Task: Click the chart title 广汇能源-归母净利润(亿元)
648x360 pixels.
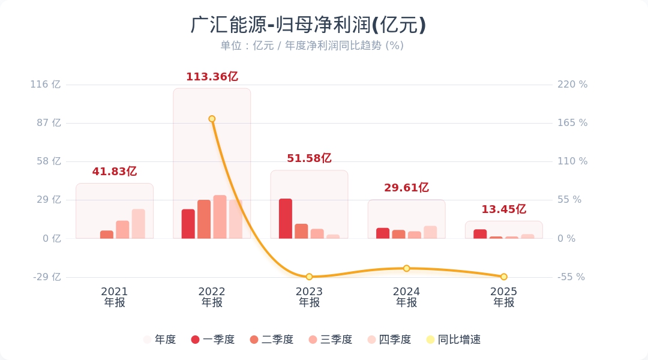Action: tap(308, 25)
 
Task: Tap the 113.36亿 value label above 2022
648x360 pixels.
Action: tap(212, 77)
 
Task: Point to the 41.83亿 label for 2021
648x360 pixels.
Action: tap(115, 172)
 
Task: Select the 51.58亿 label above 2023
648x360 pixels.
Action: tap(309, 158)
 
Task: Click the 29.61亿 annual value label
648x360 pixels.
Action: tap(406, 188)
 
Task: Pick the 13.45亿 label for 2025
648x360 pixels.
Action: tap(503, 209)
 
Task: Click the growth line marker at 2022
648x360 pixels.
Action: tap(212, 119)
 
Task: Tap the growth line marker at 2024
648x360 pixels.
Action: tap(406, 268)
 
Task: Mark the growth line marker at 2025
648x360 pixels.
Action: tap(504, 277)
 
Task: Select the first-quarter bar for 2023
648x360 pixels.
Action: tap(286, 218)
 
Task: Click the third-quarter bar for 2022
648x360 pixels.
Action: tap(220, 217)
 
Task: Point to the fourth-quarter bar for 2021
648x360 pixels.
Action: tap(139, 224)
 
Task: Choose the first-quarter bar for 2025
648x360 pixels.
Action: tap(480, 234)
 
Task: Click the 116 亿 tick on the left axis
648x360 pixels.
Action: tap(46, 85)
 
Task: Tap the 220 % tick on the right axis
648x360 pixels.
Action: tap(572, 85)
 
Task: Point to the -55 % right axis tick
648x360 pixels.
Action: tap(571, 277)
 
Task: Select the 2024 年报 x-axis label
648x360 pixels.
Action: tap(406, 297)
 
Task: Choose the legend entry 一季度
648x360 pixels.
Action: tap(212, 340)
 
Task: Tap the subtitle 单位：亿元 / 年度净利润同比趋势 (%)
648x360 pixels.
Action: tap(311, 46)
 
